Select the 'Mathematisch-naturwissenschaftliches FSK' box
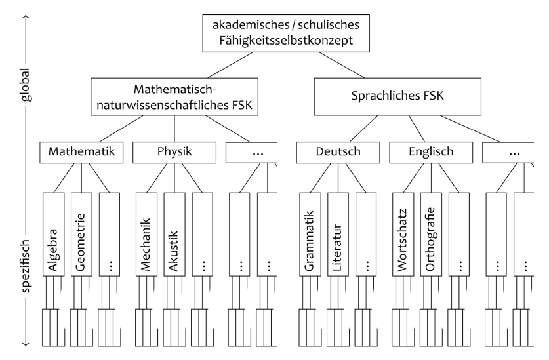pos(174,97)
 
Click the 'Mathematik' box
pos(82,152)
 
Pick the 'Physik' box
pos(174,152)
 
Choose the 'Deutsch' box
pos(338,152)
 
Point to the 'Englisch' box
pos(431,152)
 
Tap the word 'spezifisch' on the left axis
pos(25,259)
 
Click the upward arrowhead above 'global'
pos(25,16)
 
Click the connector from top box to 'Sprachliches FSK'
pos(348,66)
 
